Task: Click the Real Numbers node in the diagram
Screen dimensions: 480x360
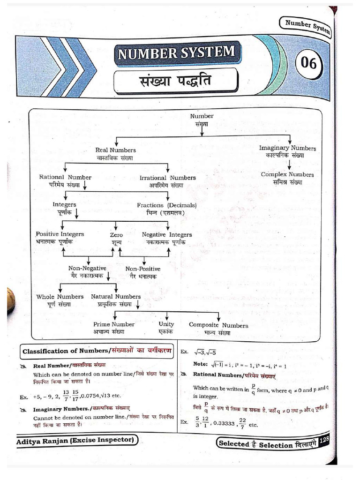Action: click(115, 150)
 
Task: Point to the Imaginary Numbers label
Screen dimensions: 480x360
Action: click(287, 148)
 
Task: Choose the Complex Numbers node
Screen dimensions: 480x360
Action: click(287, 175)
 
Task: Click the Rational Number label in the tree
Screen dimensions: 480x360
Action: click(65, 178)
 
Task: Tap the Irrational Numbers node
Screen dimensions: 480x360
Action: click(167, 178)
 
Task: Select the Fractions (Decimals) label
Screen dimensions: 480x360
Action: click(166, 205)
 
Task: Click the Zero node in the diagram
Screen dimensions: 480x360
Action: click(116, 235)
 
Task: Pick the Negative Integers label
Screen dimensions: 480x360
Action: click(166, 234)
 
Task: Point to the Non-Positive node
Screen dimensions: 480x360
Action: click(142, 269)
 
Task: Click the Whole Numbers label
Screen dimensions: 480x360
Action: click(60, 297)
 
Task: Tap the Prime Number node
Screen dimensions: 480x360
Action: click(114, 324)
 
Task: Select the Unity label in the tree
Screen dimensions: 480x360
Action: click(166, 324)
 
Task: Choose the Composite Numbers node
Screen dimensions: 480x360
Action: click(218, 325)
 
